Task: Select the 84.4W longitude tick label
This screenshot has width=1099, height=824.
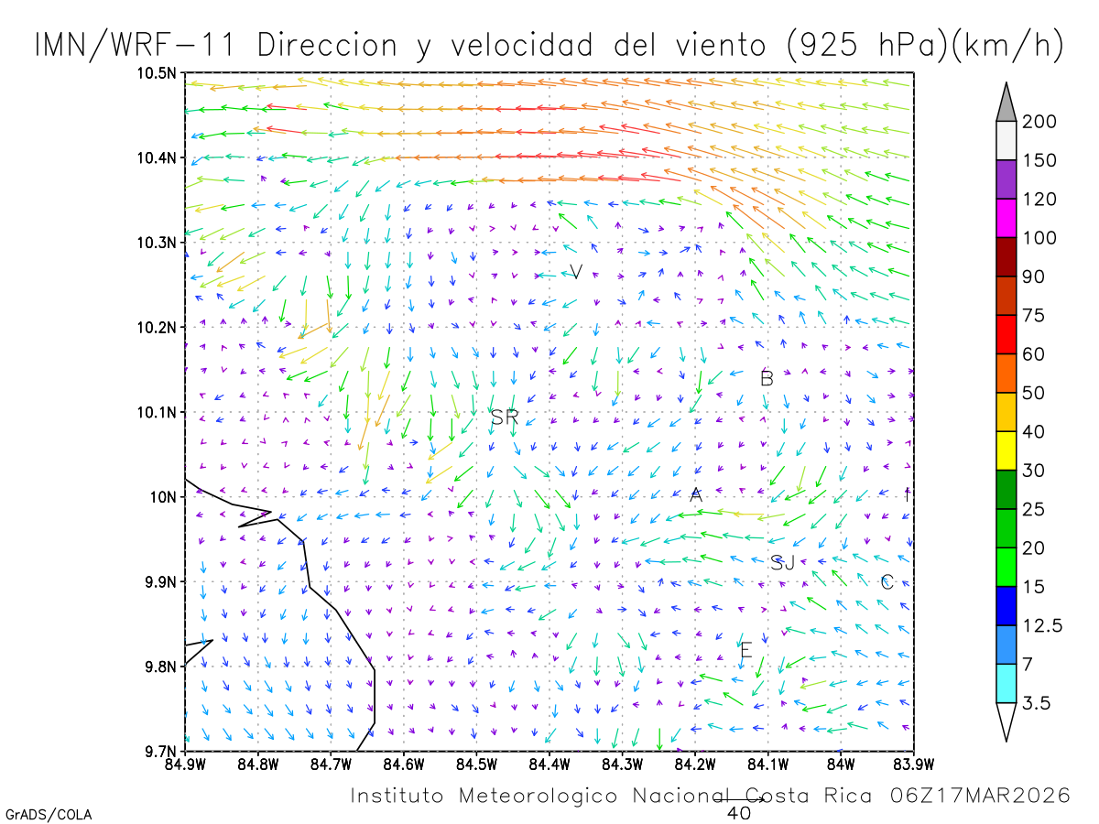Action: pos(549,764)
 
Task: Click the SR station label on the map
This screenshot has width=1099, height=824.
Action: pos(505,417)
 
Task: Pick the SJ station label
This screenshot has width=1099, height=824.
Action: pos(783,563)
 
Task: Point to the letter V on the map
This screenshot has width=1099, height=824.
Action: pos(576,271)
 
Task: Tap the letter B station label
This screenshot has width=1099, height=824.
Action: pos(767,378)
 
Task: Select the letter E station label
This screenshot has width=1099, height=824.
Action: pos(746,651)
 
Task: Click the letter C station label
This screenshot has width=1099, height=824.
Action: pos(887,582)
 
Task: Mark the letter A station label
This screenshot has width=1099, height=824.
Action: pos(696,495)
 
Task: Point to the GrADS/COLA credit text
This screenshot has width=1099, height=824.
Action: pos(49,814)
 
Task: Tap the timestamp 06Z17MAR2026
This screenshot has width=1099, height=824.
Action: pos(980,796)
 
